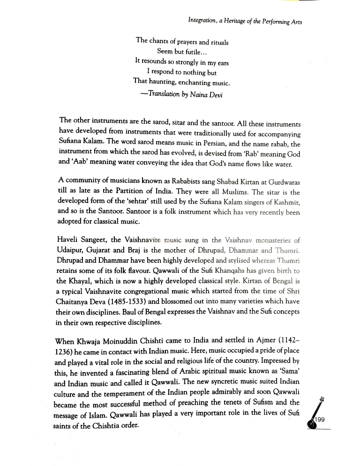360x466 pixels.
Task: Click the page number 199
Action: pyautogui.click(x=320, y=420)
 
